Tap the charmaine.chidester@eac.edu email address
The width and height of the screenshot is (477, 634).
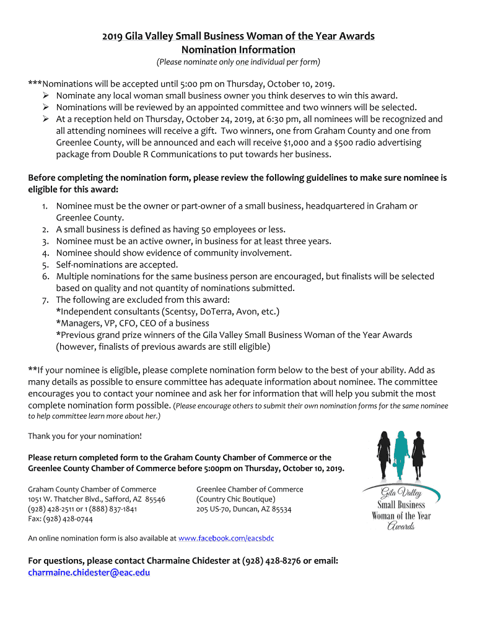(89, 573)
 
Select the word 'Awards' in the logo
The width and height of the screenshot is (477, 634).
(401, 527)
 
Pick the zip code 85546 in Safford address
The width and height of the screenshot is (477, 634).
(154, 499)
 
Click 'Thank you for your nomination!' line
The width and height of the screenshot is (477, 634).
(85, 436)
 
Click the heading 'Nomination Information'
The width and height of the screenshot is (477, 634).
(238, 50)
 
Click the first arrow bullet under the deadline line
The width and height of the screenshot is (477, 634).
(45, 95)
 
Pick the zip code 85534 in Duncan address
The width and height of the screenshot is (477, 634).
(279, 509)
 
